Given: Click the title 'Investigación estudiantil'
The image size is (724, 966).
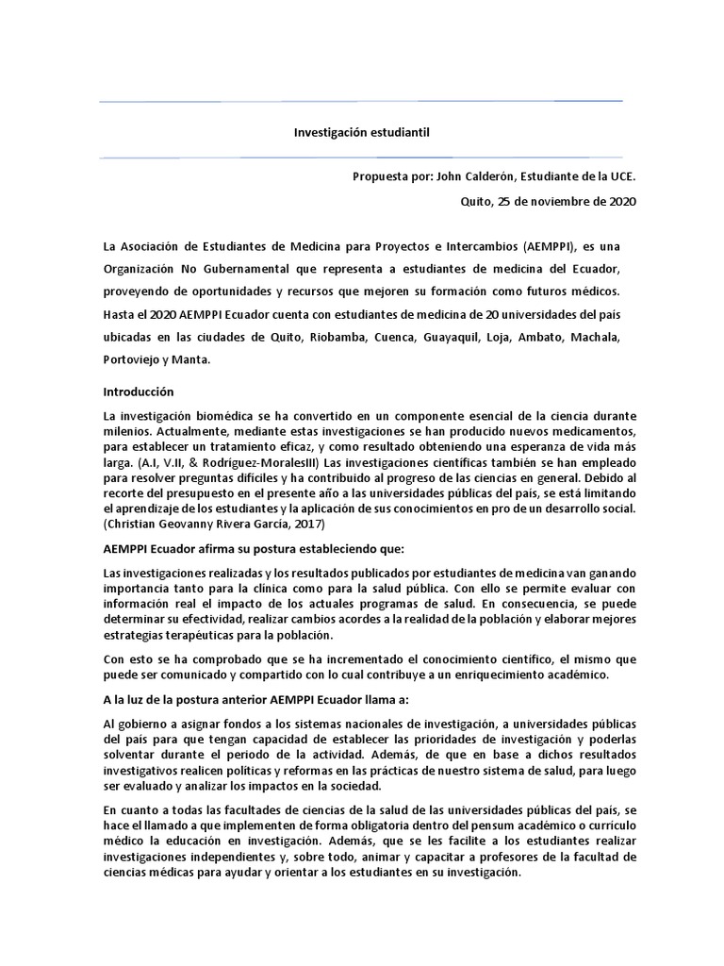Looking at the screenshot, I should [361, 135].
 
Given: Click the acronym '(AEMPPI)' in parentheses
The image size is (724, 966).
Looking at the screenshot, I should [549, 246].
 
